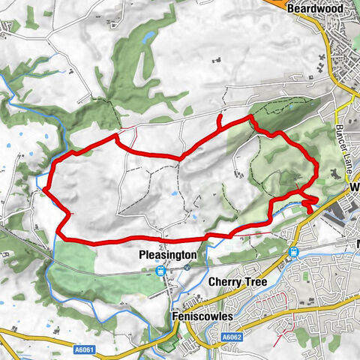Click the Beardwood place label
[x=316, y=7]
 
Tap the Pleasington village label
[x=168, y=255]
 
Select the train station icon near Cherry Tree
[x=295, y=252]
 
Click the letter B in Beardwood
[x=289, y=7]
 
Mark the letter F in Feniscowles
[x=175, y=317]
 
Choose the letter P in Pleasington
[x=143, y=255]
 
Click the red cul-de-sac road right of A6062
[x=283, y=326]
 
